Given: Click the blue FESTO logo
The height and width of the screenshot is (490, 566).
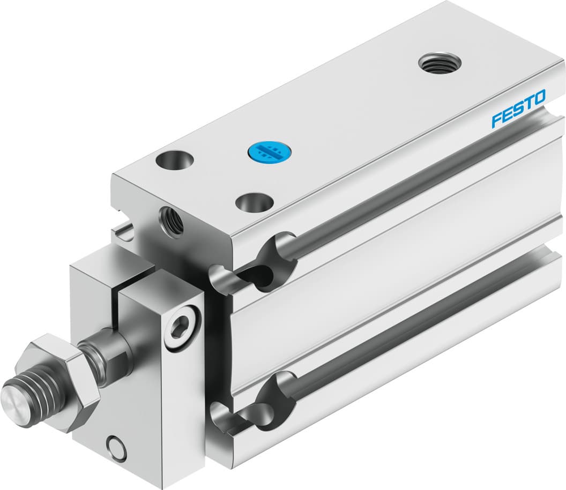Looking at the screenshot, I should [518, 109].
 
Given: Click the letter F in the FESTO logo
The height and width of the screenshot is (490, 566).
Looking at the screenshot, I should [498, 117].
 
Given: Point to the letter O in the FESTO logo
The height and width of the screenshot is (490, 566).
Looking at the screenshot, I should [539, 98].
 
